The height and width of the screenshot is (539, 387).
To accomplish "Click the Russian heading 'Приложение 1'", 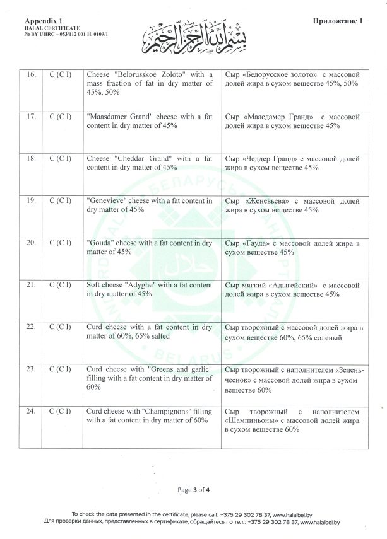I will (x=338, y=21).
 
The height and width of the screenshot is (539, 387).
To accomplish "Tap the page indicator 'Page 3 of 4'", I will (x=193, y=489).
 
